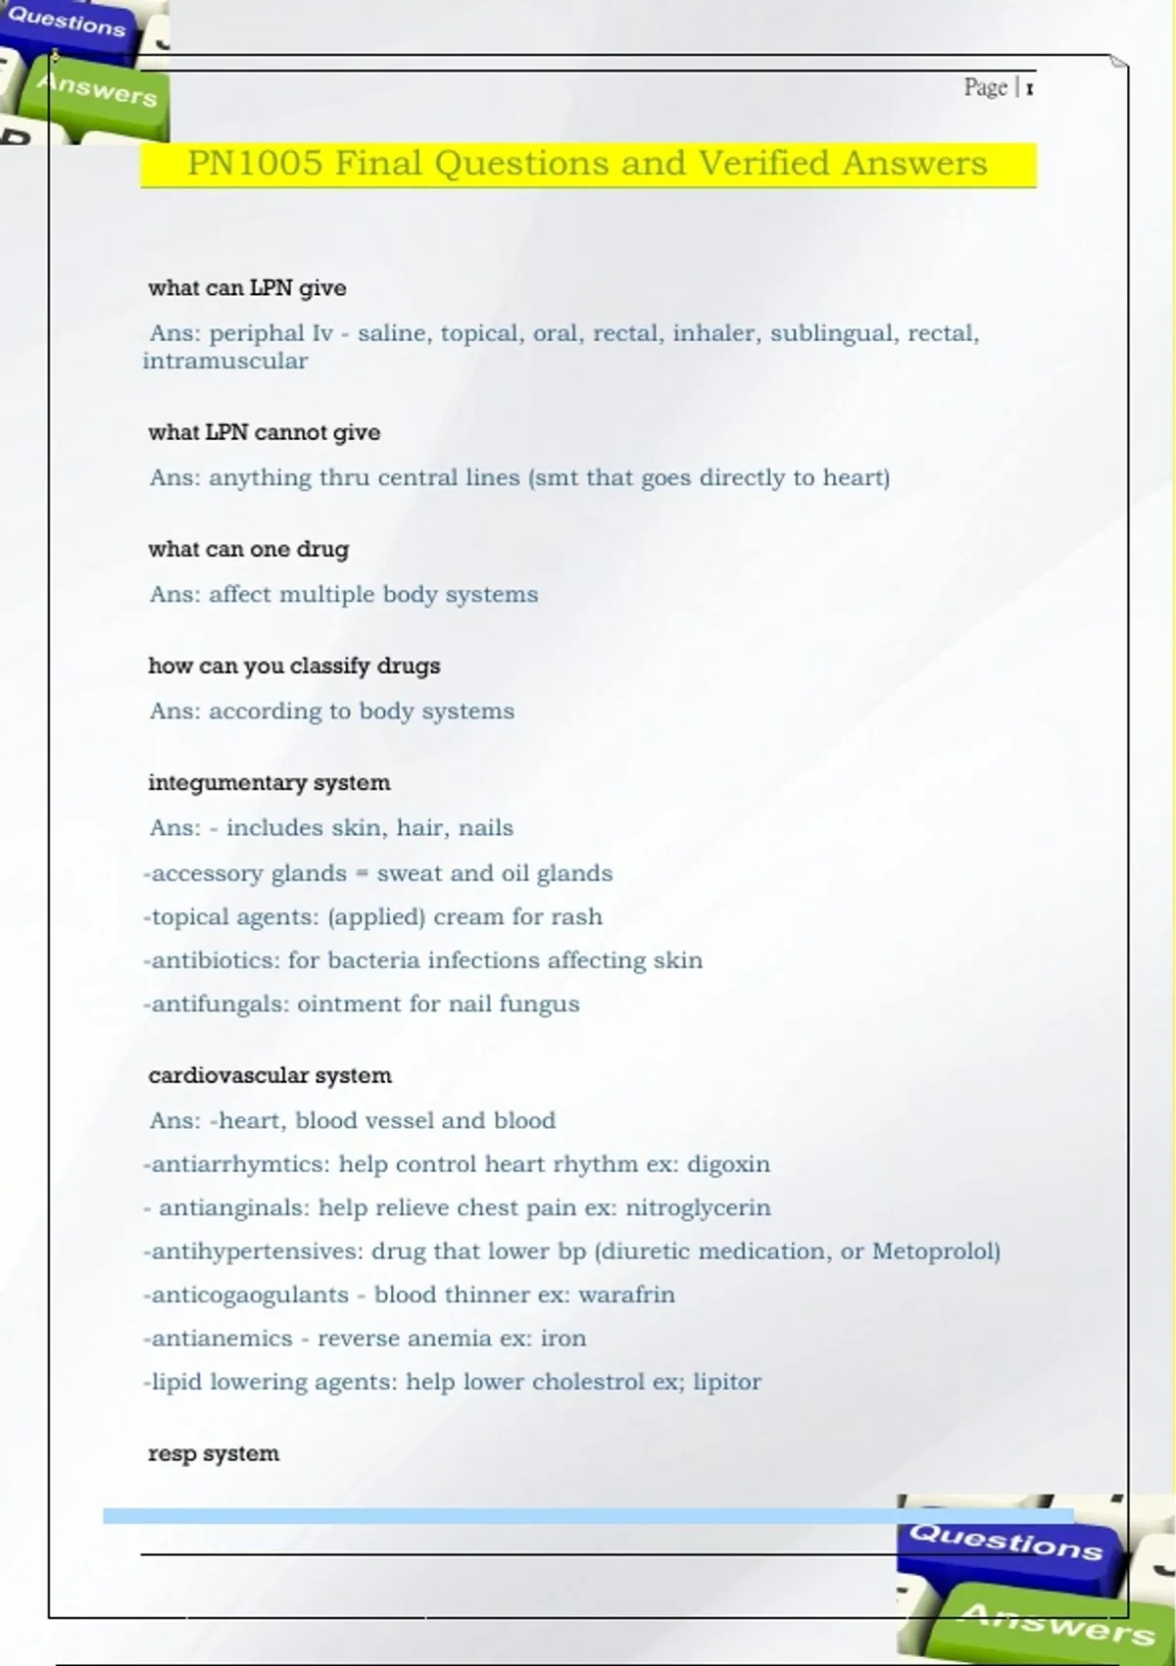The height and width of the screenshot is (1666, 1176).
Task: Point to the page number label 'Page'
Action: [985, 87]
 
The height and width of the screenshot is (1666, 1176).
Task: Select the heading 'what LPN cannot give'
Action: [264, 432]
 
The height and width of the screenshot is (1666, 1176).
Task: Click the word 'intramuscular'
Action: [225, 361]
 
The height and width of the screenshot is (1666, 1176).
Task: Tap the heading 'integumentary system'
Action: [269, 782]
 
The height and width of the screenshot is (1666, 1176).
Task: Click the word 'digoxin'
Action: [728, 1164]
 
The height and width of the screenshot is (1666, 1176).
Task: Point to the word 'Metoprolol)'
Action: [936, 1251]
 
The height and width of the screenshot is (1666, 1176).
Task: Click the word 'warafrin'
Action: [626, 1295]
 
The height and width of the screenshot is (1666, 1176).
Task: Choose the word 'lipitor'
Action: [726, 1382]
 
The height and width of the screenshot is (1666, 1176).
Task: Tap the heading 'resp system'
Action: [213, 1453]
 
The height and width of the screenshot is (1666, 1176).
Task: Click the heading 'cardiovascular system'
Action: [269, 1075]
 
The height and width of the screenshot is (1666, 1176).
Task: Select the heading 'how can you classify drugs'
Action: [294, 665]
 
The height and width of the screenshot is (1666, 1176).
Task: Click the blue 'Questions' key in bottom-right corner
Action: [1006, 1542]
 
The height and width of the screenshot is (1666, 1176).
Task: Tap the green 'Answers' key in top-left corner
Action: [96, 91]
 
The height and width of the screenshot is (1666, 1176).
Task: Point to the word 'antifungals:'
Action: [216, 1004]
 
